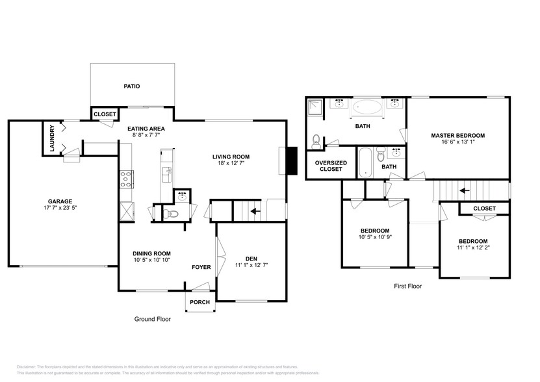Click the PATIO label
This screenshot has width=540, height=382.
tap(132, 86)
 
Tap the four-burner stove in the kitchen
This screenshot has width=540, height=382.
tap(125, 179)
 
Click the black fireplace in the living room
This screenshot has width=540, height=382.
tap(292, 161)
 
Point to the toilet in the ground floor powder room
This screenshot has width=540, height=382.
tap(171, 212)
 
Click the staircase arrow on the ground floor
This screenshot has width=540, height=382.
tap(255, 211)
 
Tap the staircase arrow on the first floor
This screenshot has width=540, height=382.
tap(463, 191)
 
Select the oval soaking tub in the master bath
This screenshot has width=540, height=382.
tap(368, 107)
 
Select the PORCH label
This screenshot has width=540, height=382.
tap(199, 302)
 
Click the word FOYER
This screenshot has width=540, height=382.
tap(201, 267)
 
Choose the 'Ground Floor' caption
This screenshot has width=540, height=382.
tap(152, 319)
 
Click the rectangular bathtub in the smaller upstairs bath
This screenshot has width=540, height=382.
tap(365, 163)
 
